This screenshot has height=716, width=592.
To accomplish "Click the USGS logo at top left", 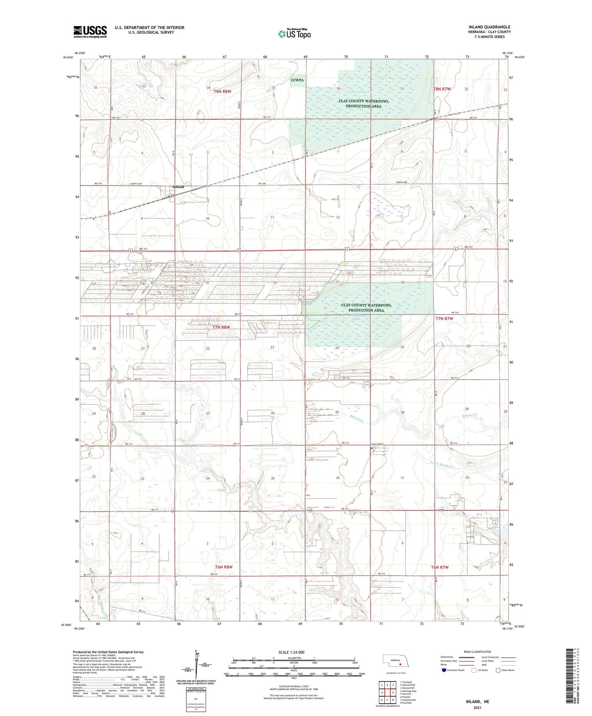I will coord(90,32).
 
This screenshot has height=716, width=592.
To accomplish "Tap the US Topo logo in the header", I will coord(294,34).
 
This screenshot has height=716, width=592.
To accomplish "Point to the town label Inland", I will coord(178,187).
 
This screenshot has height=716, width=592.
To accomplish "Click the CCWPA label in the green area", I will coord(297,80).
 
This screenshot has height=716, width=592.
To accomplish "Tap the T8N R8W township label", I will coord(223,91).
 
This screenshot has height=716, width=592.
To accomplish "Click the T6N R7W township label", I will coord(440,568).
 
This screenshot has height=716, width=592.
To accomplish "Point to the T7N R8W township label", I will coord(221,327).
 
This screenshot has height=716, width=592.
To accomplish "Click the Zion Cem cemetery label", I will coord(376,444).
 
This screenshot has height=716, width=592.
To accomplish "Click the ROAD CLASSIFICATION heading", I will coord(477,652).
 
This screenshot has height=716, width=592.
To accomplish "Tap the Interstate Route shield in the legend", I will coord(444,670).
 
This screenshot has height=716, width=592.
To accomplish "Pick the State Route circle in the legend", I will coord(498,670).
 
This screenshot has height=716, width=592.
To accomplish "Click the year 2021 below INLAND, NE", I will coord(477,707).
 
